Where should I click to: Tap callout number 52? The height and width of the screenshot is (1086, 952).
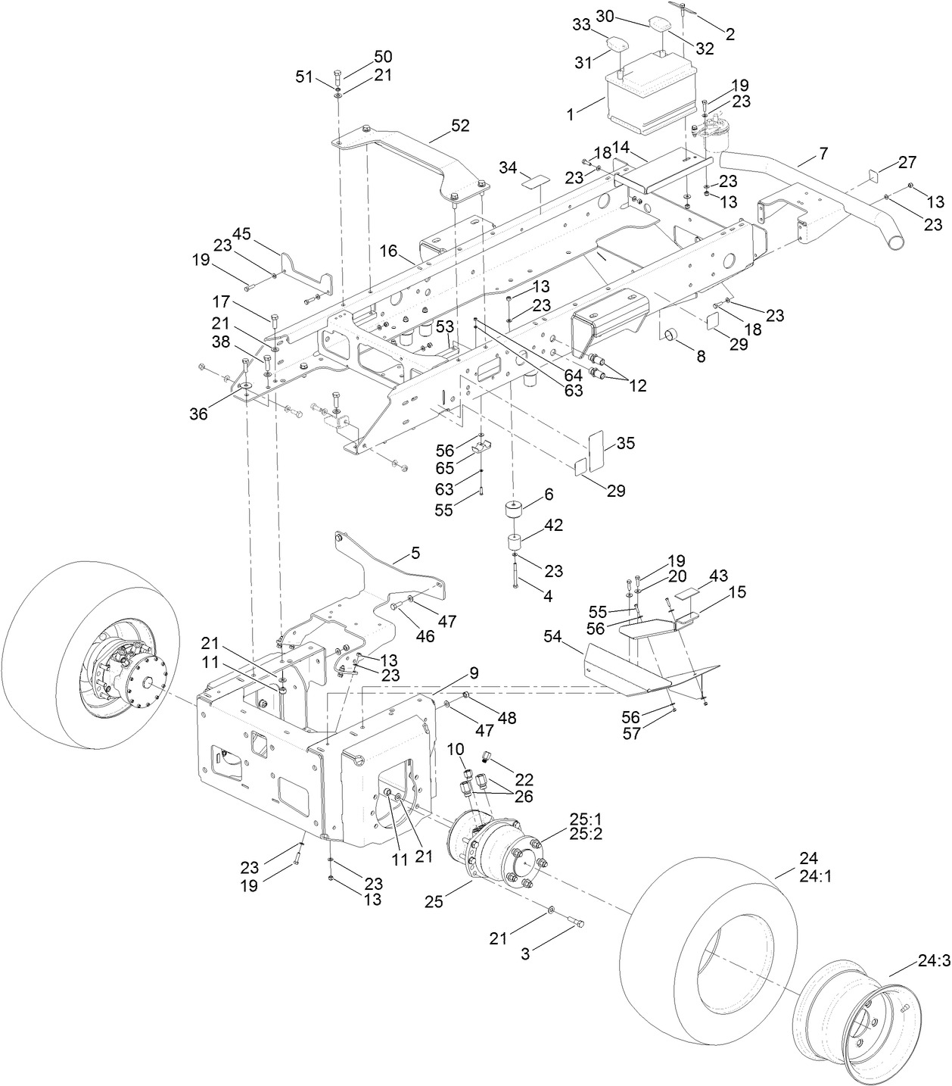pyautogui.click(x=459, y=126)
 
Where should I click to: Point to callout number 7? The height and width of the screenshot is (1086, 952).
pyautogui.click(x=823, y=154)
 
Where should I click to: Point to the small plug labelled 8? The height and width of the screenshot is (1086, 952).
pyautogui.click(x=671, y=335)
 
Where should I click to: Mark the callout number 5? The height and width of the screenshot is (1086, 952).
pyautogui.click(x=415, y=553)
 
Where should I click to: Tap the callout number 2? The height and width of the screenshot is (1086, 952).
pyautogui.click(x=730, y=33)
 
